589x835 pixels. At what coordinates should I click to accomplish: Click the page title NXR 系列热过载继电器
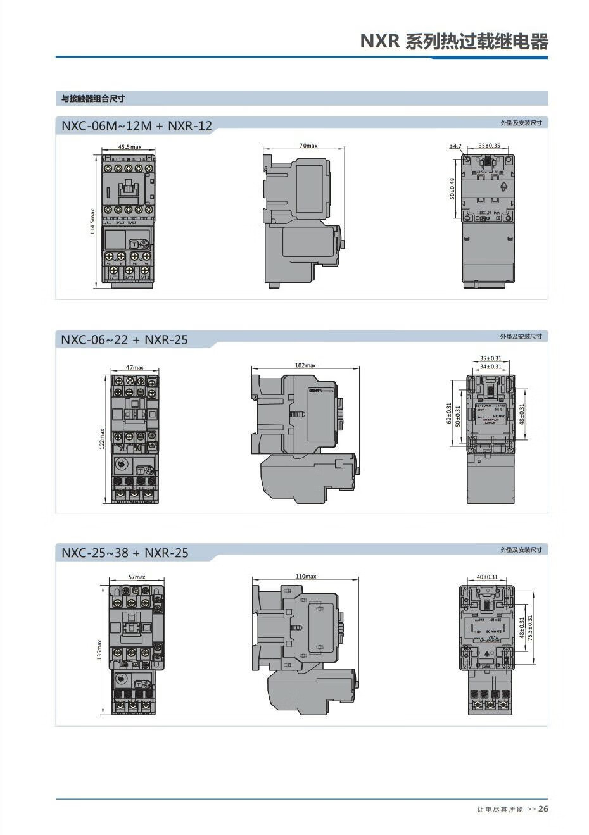[x=453, y=42]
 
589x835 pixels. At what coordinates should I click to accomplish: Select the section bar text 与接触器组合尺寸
[x=93, y=99]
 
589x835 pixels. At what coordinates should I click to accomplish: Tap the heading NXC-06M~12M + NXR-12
[x=137, y=125]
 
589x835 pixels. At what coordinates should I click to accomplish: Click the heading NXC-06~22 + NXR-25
[x=125, y=339]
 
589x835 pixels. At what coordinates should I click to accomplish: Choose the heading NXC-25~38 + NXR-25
[x=125, y=553]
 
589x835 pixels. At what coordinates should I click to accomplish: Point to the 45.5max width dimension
[x=130, y=147]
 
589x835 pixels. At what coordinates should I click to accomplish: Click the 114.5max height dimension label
[x=92, y=222]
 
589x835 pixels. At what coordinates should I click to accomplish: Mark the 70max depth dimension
[x=308, y=146]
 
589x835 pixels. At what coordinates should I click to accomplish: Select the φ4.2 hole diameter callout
[x=455, y=146]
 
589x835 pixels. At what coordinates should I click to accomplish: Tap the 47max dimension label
[x=134, y=367]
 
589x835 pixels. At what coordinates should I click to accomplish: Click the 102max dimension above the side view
[x=305, y=365]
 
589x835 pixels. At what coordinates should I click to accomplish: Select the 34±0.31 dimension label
[x=490, y=367]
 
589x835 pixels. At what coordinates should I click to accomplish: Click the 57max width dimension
[x=137, y=577]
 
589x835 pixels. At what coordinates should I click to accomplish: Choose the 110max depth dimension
[x=306, y=576]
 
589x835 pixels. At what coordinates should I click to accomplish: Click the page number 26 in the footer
[x=543, y=809]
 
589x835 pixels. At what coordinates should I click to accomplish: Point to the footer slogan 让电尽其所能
[x=500, y=810]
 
